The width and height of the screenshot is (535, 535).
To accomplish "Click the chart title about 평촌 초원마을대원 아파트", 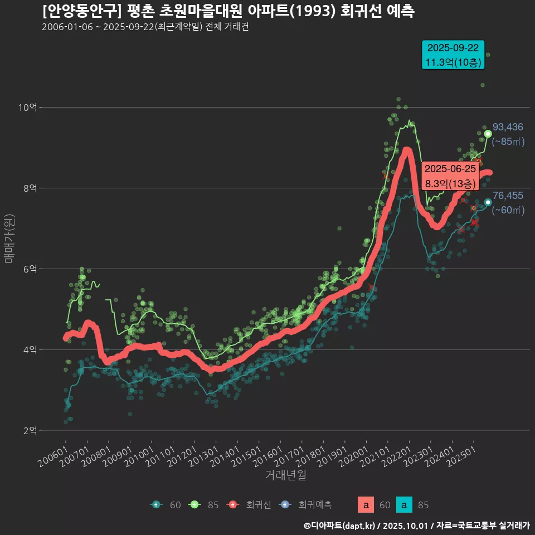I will coord(228,11).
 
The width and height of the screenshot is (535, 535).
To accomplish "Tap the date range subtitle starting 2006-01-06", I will coord(145,27).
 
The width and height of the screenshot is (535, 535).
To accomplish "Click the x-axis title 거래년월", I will coord(285,475).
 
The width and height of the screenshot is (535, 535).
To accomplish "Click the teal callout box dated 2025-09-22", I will coord(453,55).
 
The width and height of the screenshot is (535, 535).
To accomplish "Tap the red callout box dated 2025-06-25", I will coord(450,176).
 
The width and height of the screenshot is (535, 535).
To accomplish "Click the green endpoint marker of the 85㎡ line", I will coord(488,134).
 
